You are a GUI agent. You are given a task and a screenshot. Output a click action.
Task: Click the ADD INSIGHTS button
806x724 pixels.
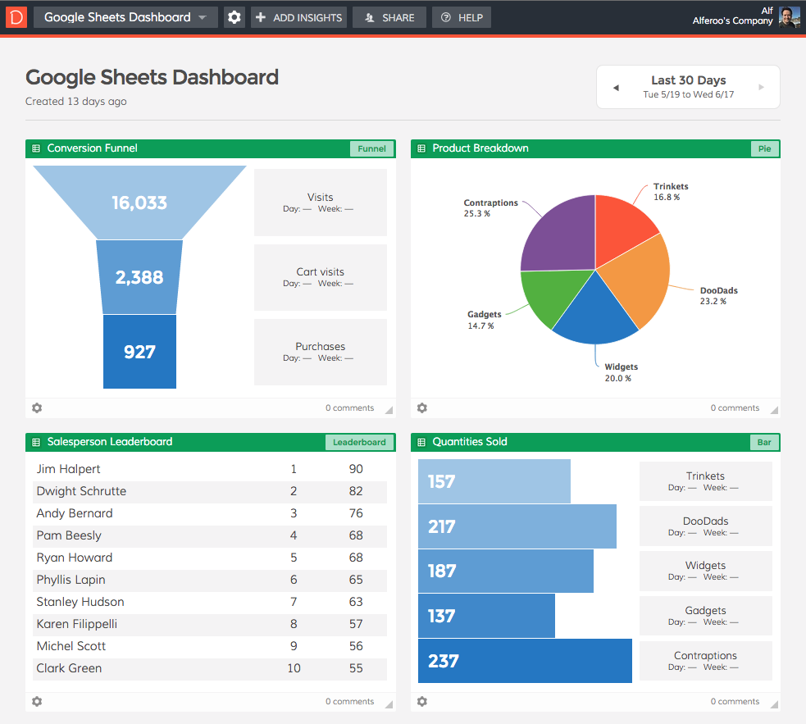(298, 17)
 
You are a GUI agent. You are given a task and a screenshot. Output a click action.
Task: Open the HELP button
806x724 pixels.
(462, 17)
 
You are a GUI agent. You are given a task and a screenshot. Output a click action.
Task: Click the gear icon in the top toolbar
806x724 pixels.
(235, 17)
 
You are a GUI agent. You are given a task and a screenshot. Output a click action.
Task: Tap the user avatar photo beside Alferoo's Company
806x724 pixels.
(789, 16)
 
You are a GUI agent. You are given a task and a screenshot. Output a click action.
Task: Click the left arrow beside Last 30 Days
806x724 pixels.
(616, 88)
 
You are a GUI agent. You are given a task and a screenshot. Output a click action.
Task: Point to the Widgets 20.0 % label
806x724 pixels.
(621, 372)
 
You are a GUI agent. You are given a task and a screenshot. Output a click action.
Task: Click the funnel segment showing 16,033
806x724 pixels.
(139, 203)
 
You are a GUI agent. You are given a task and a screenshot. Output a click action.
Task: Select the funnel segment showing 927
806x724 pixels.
(139, 352)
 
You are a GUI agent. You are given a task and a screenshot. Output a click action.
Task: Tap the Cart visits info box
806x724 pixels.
(320, 277)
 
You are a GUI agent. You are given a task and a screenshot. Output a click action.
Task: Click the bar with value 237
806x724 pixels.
(525, 661)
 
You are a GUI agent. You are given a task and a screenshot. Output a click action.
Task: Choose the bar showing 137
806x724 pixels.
(486, 616)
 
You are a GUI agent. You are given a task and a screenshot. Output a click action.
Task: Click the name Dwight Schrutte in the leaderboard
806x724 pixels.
(81, 491)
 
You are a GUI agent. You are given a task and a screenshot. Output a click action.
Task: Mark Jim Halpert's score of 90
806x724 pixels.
(355, 469)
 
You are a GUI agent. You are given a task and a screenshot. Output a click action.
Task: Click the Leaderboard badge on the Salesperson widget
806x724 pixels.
(359, 442)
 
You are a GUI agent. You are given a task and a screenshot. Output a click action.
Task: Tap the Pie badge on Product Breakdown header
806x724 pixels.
(764, 148)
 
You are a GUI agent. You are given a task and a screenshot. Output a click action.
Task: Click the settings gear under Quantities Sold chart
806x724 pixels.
(422, 702)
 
